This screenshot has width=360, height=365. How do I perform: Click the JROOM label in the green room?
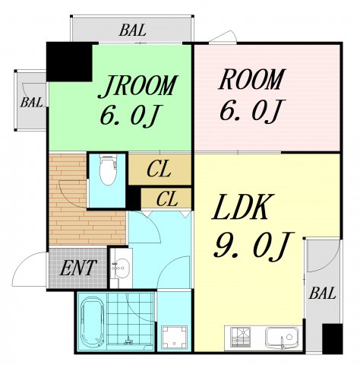137,86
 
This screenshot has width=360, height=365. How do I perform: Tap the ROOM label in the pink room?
251,79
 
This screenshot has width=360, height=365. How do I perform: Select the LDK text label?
240,207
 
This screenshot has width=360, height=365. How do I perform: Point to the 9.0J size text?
252,245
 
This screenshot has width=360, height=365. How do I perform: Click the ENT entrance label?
78,268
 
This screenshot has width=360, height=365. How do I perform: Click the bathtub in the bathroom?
92,322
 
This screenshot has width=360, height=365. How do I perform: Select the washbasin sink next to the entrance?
121,268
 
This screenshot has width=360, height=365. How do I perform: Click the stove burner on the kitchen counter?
241,337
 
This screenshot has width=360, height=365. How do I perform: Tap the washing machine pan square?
175,337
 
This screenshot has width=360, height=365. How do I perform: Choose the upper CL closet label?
159,170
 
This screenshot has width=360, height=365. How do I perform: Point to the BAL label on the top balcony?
132,30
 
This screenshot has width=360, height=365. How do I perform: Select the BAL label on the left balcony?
31,103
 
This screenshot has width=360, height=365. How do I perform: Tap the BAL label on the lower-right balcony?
322,294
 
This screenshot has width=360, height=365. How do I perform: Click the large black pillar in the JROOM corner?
69,62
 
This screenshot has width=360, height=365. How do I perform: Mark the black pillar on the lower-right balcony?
333,338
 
